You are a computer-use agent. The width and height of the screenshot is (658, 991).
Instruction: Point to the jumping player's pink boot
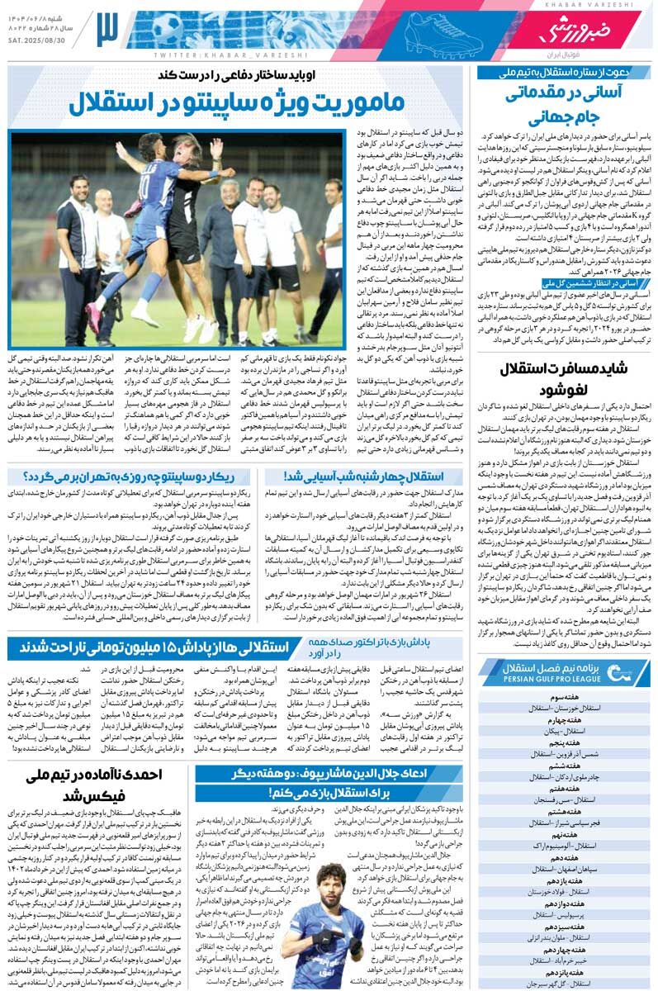coord(95,316)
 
